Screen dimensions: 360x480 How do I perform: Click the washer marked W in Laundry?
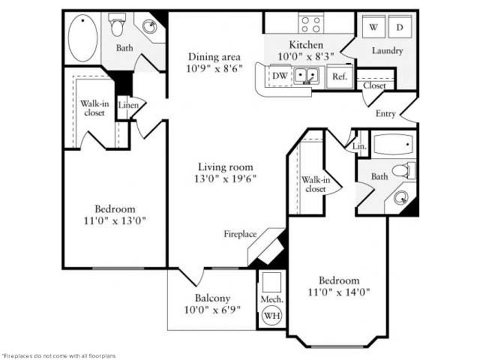[374, 27]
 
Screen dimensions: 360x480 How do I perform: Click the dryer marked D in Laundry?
[400, 27]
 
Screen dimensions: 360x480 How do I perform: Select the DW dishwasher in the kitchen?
[279, 75]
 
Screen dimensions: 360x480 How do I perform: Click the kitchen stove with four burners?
[312, 23]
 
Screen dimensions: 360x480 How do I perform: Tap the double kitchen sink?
[307, 75]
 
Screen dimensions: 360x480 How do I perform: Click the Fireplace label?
[240, 233]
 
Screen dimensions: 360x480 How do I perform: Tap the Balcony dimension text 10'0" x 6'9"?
[213, 309]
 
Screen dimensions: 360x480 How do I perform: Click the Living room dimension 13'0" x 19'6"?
[225, 179]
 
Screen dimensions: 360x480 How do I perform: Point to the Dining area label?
[215, 57]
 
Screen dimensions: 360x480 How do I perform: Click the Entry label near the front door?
[386, 113]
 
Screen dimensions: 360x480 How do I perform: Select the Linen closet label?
[128, 105]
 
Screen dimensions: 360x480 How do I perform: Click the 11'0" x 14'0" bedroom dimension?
[339, 292]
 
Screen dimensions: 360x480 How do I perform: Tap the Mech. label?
[271, 299]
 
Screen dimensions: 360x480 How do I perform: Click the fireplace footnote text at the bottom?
[58, 356]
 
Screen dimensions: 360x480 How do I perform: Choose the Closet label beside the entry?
[375, 86]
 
